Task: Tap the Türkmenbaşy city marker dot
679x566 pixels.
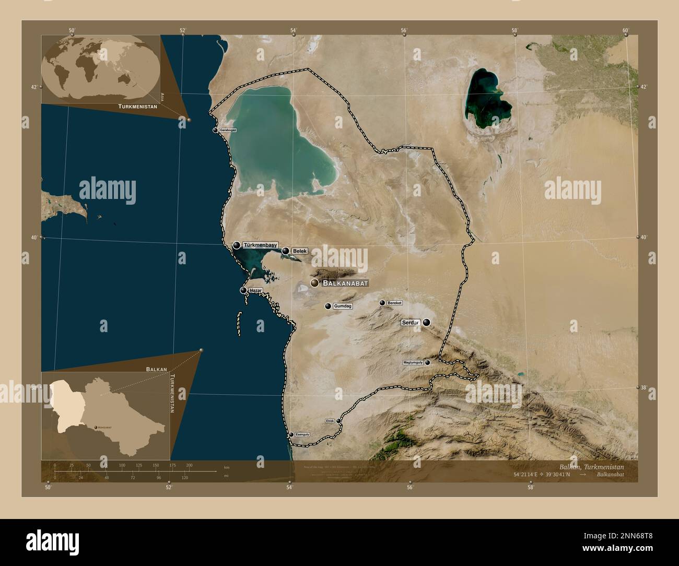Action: point(237,245)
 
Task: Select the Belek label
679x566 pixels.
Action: point(299,251)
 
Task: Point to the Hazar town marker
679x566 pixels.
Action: point(243,290)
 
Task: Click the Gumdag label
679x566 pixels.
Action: point(343,306)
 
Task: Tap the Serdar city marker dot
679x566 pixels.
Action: point(427,323)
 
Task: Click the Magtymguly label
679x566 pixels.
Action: point(413,362)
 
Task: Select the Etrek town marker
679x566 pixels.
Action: point(338,420)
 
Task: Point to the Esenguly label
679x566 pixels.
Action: point(302,434)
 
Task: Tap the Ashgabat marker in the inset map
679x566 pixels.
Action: point(95,427)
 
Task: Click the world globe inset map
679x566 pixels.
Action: point(101,69)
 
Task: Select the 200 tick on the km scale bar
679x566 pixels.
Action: point(189,465)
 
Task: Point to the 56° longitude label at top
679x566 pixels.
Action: point(404,30)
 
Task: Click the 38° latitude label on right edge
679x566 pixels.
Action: point(645,387)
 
